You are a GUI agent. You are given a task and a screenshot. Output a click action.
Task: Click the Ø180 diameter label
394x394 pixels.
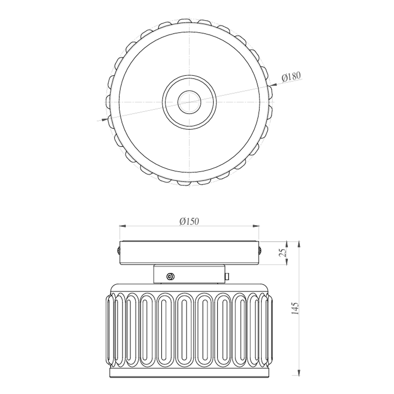point(291,76)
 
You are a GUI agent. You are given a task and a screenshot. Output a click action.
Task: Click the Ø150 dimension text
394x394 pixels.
point(189,222)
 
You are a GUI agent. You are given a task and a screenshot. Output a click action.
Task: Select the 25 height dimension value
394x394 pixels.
point(282,253)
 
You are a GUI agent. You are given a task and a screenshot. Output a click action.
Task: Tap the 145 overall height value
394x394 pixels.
point(295,309)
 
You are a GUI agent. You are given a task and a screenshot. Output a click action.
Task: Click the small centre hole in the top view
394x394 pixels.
point(189,102)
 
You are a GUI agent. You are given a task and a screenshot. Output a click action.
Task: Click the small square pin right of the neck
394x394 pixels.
point(227,276)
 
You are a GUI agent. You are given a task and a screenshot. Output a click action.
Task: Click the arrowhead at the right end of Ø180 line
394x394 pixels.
point(273,84)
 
